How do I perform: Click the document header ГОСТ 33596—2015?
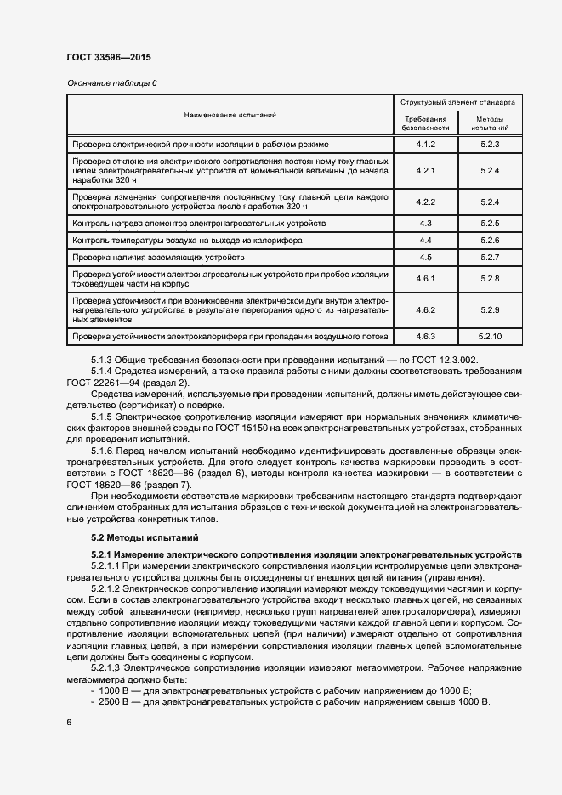tap(109, 59)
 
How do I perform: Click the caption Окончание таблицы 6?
tap(111, 82)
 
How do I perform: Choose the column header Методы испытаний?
tap(489, 123)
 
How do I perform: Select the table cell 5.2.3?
tap(489, 145)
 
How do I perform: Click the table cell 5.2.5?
tap(489, 223)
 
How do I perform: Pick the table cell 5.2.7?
tap(489, 257)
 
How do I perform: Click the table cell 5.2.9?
tap(489, 310)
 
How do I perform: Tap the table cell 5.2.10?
tap(489, 337)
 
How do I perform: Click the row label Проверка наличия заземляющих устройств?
tap(162, 257)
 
